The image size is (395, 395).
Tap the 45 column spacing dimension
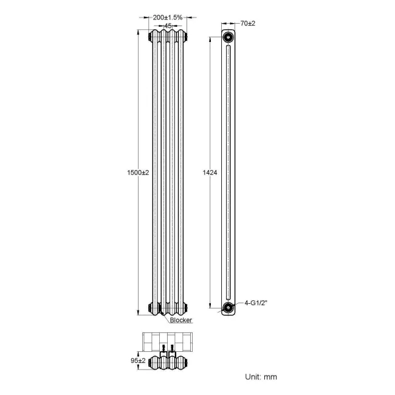[167, 26]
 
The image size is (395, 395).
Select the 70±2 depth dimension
[246, 23]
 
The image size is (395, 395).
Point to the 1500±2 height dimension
[137, 173]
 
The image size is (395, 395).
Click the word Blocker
[180, 320]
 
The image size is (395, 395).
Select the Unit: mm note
[260, 377]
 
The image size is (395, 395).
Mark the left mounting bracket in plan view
[162, 349]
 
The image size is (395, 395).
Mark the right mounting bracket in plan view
[173, 349]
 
